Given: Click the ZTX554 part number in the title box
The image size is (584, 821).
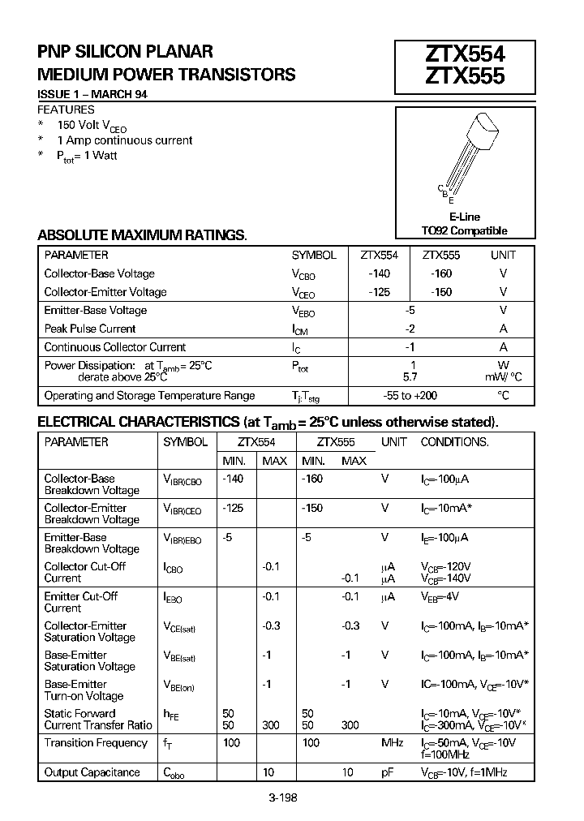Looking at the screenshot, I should tap(465, 54).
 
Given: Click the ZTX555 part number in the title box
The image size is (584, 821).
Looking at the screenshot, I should tap(465, 76).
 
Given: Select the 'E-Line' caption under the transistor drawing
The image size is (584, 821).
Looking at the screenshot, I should tap(465, 217).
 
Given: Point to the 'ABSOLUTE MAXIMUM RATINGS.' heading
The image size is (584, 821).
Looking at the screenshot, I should tap(142, 235).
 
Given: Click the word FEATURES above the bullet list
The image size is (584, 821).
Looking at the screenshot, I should tap(67, 110).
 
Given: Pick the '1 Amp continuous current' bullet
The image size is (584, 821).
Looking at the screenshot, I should tap(125, 140).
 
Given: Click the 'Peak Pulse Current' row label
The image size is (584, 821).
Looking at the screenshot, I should tap(90, 329).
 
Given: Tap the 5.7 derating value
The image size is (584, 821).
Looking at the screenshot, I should tap(410, 377).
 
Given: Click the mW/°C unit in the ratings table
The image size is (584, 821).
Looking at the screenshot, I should tap(504, 377).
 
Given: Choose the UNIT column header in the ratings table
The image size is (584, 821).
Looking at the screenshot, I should tap(503, 255).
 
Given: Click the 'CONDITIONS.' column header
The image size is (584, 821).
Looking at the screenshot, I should tap(454, 442).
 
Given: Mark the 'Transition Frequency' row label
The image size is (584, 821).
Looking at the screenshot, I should tap(96, 743).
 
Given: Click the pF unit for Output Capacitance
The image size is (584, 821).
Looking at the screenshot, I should tap(388, 772).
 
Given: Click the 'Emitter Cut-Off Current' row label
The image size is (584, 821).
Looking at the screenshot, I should tap(81, 602).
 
